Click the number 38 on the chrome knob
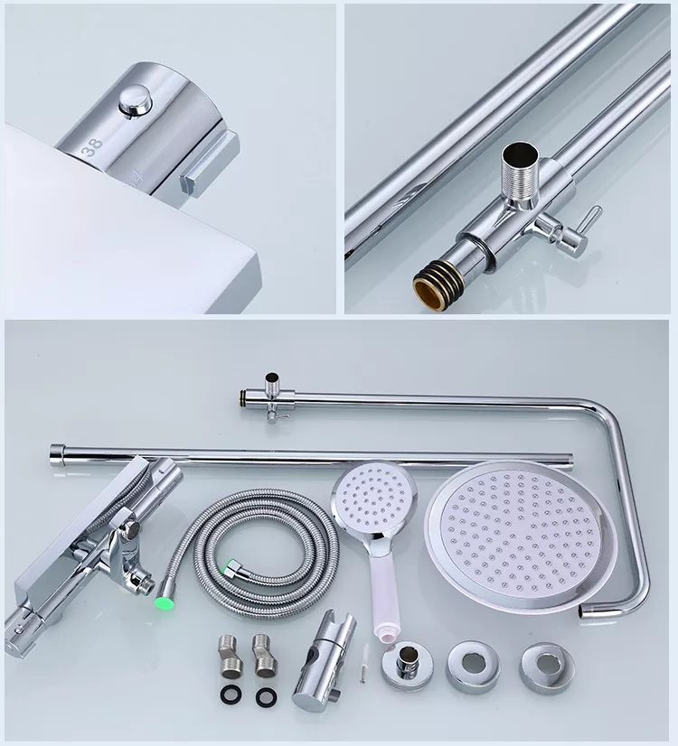(92, 147)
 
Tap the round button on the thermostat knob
(135, 100)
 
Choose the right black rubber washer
(266, 697)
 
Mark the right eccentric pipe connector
(264, 656)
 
